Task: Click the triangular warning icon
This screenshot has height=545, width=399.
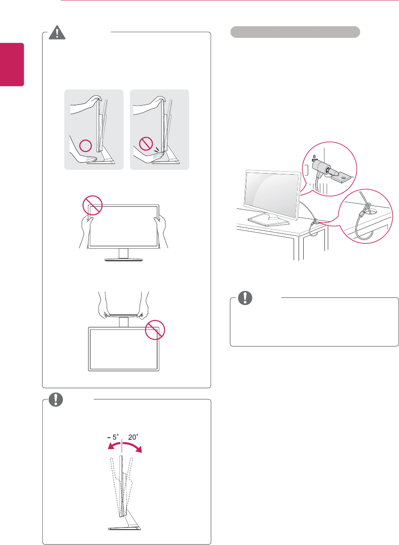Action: [57, 32]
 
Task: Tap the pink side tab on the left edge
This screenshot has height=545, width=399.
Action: [12, 64]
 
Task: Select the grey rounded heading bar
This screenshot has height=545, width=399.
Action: [295, 32]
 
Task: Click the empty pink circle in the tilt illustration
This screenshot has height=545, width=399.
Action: [85, 145]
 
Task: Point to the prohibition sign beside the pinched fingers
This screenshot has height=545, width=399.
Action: [146, 144]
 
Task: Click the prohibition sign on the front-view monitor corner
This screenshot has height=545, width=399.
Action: [92, 205]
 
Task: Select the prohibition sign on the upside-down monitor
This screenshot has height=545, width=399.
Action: [155, 330]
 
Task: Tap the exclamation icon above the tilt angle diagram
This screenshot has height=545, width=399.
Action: [56, 399]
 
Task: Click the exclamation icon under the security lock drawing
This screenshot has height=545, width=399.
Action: [245, 298]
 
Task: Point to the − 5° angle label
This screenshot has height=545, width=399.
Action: [112, 437]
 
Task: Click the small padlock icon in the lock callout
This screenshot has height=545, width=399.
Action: [314, 157]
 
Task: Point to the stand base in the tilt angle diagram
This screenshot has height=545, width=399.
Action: [125, 528]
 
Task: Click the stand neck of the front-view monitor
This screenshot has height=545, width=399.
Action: [123, 253]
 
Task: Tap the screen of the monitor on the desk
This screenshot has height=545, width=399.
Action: [272, 193]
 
